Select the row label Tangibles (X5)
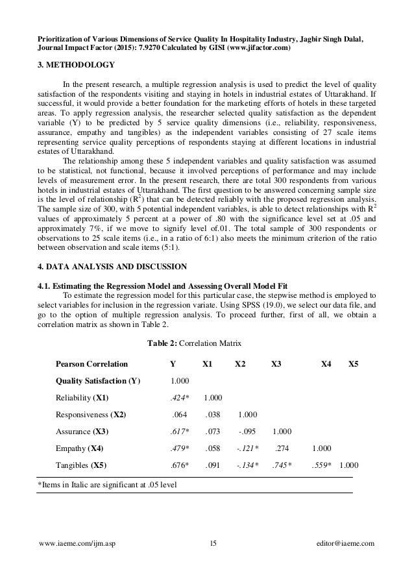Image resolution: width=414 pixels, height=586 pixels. pos(81,465)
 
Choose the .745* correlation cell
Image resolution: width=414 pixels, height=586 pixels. pos(281,465)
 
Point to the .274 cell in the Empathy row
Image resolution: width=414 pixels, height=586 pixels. pos(282,448)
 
